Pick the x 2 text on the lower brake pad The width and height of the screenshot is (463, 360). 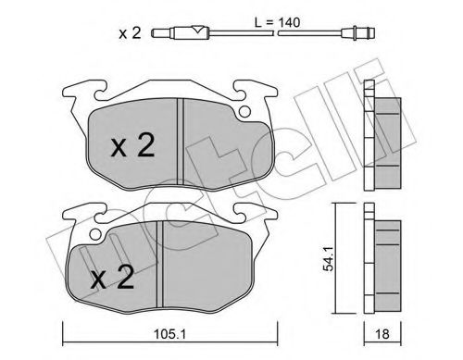(x=112, y=276)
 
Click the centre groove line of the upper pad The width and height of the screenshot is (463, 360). (x=182, y=139)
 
